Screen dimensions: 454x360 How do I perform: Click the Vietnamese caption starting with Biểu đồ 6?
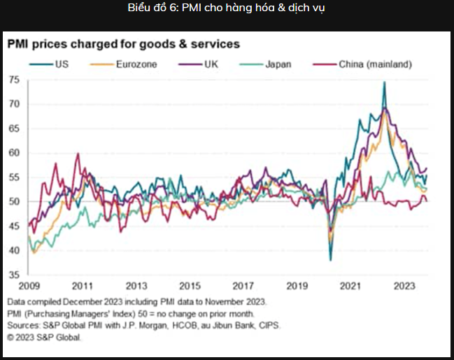coord(226,8)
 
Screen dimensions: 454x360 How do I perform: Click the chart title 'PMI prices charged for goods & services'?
coord(124,44)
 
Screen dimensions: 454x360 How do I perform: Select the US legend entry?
coord(49,64)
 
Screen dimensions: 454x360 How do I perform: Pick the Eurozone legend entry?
coord(123,64)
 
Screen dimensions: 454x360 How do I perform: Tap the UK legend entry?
coord(198,64)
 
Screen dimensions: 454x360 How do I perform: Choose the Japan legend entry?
coord(265,64)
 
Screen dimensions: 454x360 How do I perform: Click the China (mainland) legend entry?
coord(362,64)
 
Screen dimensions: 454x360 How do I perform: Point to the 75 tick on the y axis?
coord(15,80)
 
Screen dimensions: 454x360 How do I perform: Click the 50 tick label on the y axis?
coord(15,201)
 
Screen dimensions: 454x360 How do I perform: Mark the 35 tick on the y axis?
coord(15,275)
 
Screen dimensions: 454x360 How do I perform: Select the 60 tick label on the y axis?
coord(15,153)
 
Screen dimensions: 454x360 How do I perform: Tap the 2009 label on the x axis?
coord(29,286)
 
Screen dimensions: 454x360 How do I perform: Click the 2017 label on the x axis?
coord(243,286)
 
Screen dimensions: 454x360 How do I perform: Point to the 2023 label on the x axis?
coord(404,286)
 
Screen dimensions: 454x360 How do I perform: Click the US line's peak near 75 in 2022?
coord(385,82)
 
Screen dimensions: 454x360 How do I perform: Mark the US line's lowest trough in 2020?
coord(331,261)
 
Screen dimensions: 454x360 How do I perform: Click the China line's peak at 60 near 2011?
coord(78,153)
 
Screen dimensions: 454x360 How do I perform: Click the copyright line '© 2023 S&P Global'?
coord(43,338)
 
